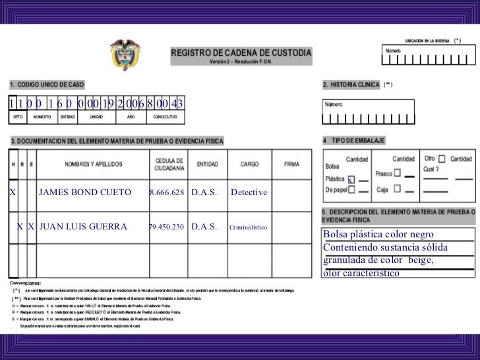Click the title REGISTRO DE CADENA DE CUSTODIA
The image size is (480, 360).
(241, 52)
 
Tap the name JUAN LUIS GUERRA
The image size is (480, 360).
(83, 227)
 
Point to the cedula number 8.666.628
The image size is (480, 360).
(167, 193)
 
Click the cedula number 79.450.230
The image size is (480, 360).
(167, 227)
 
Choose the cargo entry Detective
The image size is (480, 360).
(249, 193)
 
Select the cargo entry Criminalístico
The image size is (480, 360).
(248, 227)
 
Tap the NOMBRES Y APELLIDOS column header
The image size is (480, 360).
(93, 164)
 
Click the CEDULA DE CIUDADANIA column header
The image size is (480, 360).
(169, 164)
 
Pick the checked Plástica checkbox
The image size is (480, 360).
(351, 179)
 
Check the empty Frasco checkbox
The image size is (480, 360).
(398, 174)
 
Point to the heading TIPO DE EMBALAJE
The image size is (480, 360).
(357, 140)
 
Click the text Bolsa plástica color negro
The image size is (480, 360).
(378, 235)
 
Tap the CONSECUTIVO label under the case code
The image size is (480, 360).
(165, 117)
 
